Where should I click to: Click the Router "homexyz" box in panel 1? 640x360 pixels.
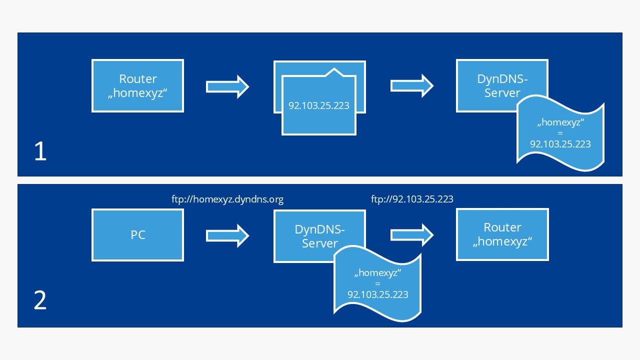tap(137, 85)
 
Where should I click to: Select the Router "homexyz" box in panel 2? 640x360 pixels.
tap(502, 234)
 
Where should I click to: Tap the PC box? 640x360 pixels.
tap(137, 235)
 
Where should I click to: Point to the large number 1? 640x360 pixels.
tap(40, 152)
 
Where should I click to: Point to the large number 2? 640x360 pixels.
tap(40, 301)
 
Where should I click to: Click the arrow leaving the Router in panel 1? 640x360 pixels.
tap(227, 86)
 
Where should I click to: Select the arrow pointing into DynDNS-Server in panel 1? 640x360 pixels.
tap(411, 85)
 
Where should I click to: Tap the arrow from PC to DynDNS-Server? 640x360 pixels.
tap(227, 235)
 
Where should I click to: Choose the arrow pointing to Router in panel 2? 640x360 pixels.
tap(411, 235)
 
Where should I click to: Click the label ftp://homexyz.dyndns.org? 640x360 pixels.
tap(227, 199)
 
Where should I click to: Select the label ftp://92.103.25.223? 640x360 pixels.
tap(412, 199)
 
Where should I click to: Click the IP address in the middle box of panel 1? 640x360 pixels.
tap(318, 106)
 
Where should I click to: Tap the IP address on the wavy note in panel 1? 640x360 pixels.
tap(560, 144)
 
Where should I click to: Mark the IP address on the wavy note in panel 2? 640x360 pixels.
tap(377, 294)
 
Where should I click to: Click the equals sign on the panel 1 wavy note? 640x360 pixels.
tap(560, 133)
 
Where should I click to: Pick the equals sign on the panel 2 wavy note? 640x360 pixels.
tap(377, 283)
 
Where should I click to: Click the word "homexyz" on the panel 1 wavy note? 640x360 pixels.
tap(560, 123)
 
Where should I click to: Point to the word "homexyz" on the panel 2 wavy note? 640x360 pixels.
tap(377, 273)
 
